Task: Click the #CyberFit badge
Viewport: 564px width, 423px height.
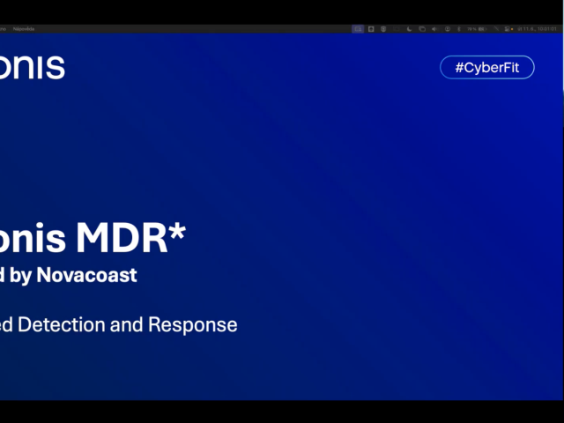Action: click(487, 68)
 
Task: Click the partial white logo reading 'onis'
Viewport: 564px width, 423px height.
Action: click(33, 67)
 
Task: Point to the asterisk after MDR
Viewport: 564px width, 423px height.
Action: click(178, 232)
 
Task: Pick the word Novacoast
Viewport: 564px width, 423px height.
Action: click(86, 275)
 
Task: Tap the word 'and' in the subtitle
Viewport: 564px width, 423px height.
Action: click(128, 324)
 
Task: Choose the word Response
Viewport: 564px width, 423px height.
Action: click(192, 324)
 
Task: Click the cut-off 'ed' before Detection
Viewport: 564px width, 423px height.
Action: click(6, 324)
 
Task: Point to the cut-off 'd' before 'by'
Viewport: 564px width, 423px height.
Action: click(4, 275)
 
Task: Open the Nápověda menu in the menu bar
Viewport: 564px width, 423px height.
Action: click(22, 29)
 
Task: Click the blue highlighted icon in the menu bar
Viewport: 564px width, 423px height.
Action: click(358, 29)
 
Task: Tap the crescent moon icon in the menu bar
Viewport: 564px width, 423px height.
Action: click(409, 29)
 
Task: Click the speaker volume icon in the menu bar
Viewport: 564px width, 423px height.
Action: click(434, 29)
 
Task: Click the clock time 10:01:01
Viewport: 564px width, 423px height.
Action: click(547, 29)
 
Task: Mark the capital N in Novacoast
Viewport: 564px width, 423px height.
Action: click(43, 275)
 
